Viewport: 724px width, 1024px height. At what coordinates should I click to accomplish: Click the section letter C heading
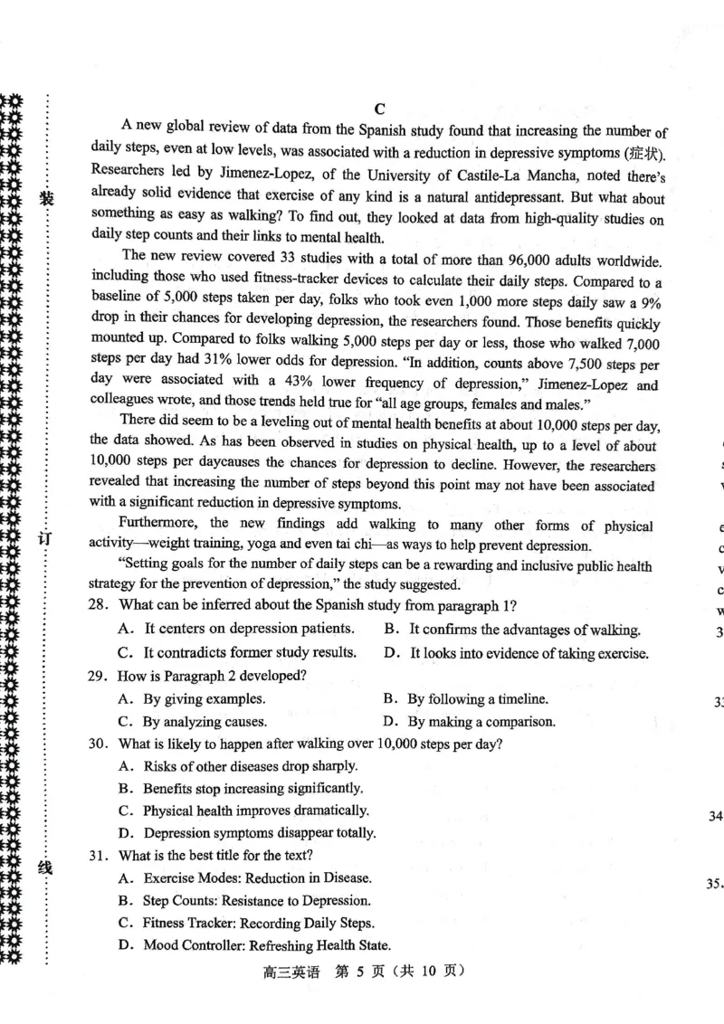coord(381,109)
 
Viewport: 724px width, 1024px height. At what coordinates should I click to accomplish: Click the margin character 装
coord(45,198)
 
